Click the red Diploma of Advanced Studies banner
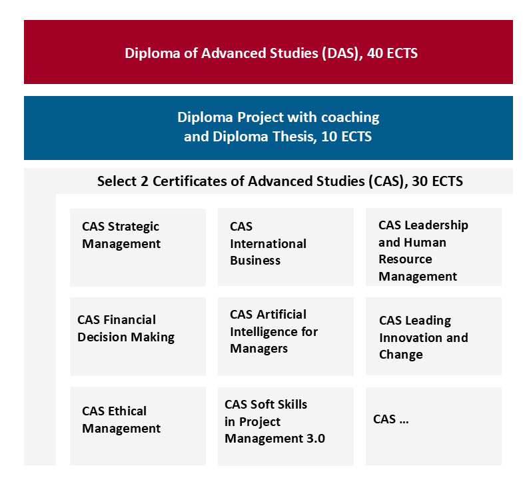(268, 52)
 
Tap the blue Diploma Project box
(268, 128)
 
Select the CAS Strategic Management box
(138, 247)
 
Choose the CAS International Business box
(286, 247)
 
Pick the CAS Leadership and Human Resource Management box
(434, 247)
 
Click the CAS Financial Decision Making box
(138, 337)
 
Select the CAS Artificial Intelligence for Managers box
(286, 337)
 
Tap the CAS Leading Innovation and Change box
(434, 336)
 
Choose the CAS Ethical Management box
(138, 426)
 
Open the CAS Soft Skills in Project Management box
(286, 426)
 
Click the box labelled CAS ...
(434, 426)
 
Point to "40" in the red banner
(374, 53)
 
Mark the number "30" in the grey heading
(420, 181)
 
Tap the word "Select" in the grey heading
(117, 181)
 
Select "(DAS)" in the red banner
(342, 53)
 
